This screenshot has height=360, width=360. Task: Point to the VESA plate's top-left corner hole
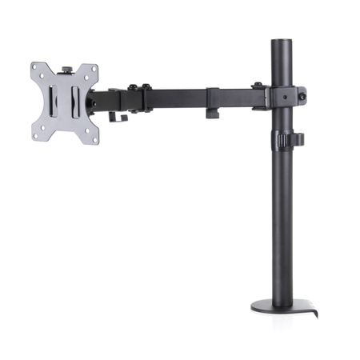(37, 69)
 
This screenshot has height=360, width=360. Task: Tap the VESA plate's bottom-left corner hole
(37, 135)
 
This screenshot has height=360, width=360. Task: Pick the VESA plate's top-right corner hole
(93, 70)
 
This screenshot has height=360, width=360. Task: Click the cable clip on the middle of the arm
(212, 102)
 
